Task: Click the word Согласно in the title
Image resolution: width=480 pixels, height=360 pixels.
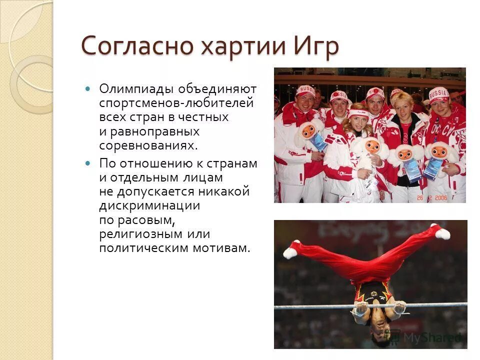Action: click(137, 46)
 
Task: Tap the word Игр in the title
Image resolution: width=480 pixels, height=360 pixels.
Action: click(315, 47)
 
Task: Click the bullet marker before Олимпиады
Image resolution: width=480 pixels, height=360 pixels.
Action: click(88, 89)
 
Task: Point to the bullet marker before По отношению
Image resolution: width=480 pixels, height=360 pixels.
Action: click(88, 163)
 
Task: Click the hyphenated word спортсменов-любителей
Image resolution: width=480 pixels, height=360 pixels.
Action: click(176, 103)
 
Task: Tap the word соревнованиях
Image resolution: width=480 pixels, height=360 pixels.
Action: click(148, 146)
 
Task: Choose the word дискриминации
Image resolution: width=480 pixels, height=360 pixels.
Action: click(149, 206)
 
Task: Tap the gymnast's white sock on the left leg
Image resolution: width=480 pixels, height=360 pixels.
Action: click(290, 251)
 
